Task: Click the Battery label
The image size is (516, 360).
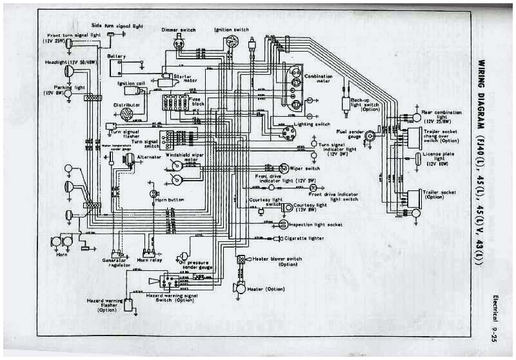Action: [117, 56]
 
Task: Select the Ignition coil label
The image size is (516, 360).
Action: [131, 83]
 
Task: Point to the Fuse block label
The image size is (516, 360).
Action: [197, 102]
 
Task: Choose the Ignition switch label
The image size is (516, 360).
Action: [232, 29]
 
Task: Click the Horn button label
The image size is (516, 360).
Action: [170, 200]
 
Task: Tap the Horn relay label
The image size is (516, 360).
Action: [150, 259]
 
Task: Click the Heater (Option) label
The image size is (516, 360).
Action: [266, 288]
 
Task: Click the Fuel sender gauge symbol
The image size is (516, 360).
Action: [370, 136]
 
